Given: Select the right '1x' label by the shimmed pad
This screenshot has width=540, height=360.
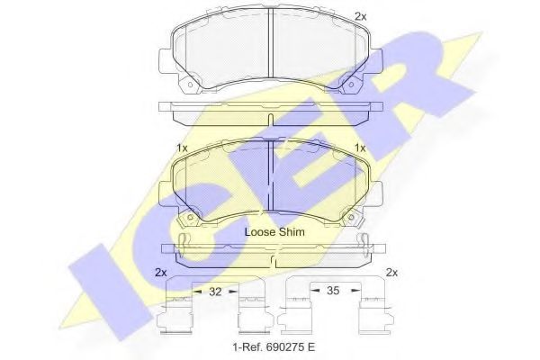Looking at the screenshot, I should coord(360,148).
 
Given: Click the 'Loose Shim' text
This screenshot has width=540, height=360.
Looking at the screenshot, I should coord(274,231).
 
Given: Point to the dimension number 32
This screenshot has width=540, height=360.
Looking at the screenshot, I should coord(214,292).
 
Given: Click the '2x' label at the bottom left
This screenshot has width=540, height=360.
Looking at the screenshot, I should coord(161,272).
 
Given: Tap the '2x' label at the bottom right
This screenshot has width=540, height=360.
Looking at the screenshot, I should coord(391,272).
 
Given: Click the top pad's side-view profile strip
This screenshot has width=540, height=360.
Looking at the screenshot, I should coord(271,109).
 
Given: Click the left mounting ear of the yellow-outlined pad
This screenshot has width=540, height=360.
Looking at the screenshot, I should coord(164,191).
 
